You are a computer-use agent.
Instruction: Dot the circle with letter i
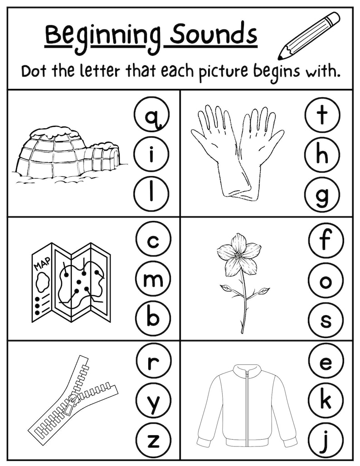(151, 155)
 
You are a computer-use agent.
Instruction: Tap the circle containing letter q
(151, 115)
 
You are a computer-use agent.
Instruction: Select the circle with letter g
(322, 195)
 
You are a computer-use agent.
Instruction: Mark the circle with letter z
(153, 441)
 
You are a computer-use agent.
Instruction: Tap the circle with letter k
(326, 401)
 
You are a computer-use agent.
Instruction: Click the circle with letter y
(153, 401)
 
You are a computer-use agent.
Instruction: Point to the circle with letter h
(322, 155)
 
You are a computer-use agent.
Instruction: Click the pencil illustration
(309, 36)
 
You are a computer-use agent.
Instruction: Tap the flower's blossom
(238, 255)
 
